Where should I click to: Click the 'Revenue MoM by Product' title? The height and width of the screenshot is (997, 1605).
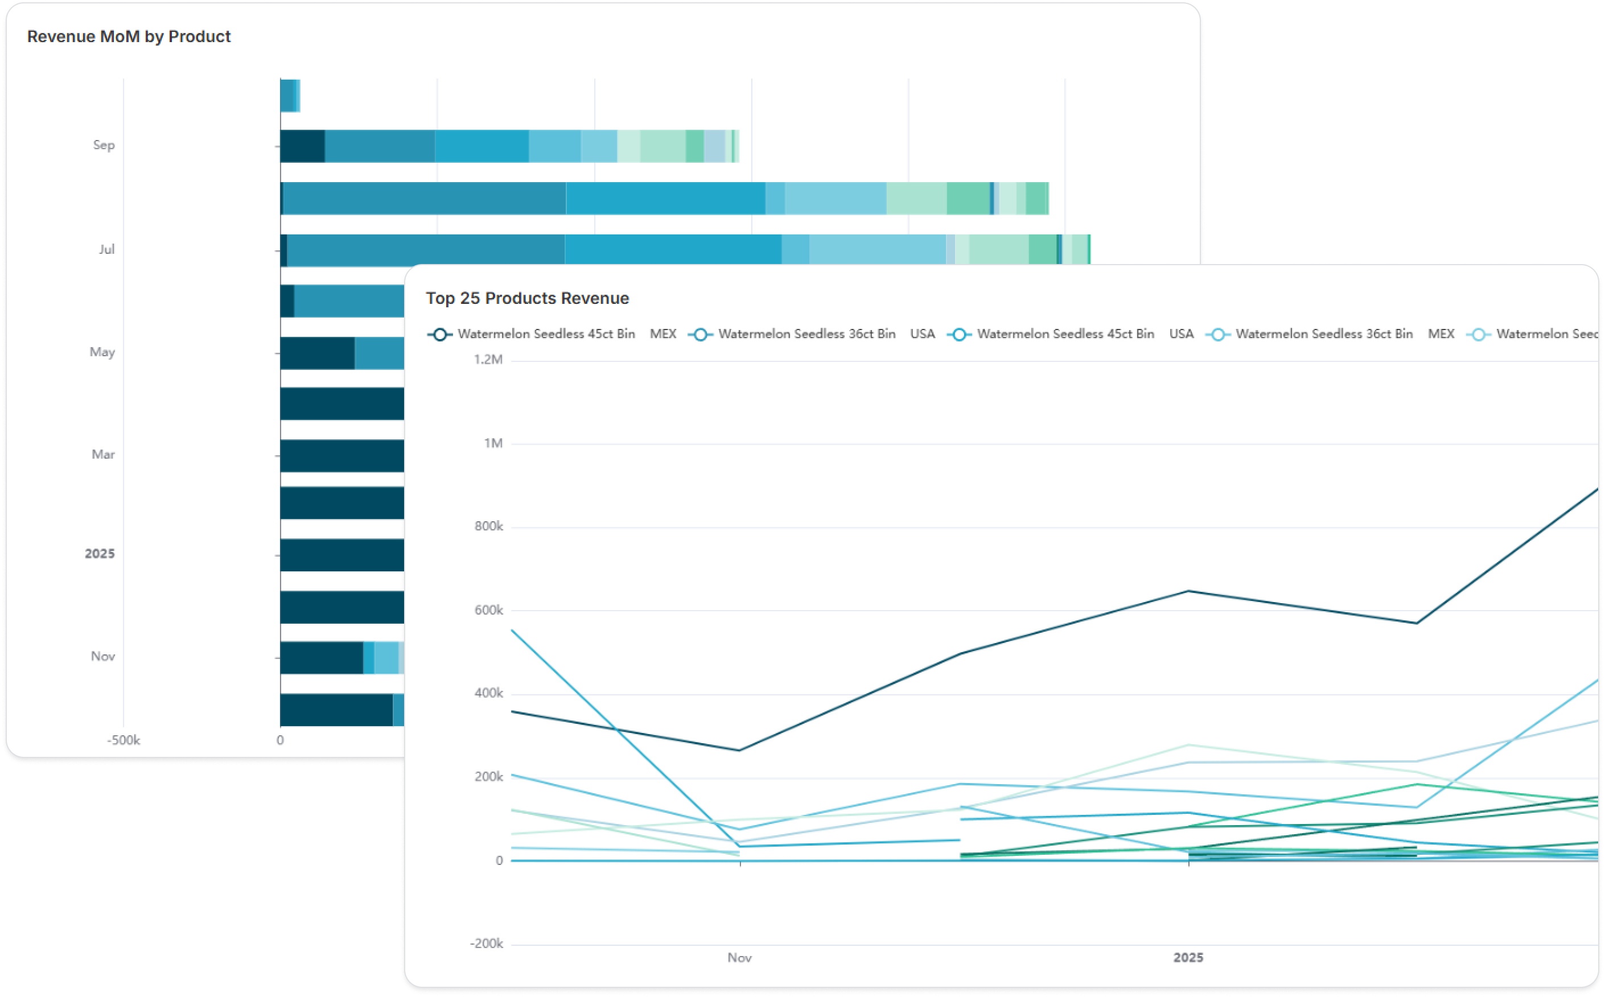coord(129,37)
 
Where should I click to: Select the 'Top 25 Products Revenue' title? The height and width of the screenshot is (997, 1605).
coord(527,299)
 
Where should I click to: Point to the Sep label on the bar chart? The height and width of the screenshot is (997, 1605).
coord(104,145)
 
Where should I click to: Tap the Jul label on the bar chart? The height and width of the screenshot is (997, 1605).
coord(106,249)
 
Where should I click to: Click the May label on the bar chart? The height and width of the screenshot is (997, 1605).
coord(102,352)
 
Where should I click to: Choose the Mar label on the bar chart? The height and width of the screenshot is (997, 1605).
coord(103,454)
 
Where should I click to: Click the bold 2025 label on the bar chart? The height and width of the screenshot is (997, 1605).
coord(100,554)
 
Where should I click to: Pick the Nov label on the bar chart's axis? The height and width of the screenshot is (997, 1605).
coord(103,656)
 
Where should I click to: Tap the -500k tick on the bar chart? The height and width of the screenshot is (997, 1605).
coord(124,740)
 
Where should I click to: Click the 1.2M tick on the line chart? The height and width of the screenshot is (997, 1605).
coord(488,360)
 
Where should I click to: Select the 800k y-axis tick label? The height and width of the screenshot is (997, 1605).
coord(489,527)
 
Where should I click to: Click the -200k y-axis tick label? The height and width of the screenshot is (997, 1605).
coord(486,944)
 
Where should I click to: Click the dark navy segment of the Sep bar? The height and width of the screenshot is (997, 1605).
coord(302,146)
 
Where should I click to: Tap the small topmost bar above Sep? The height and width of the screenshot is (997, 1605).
coord(290,96)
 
